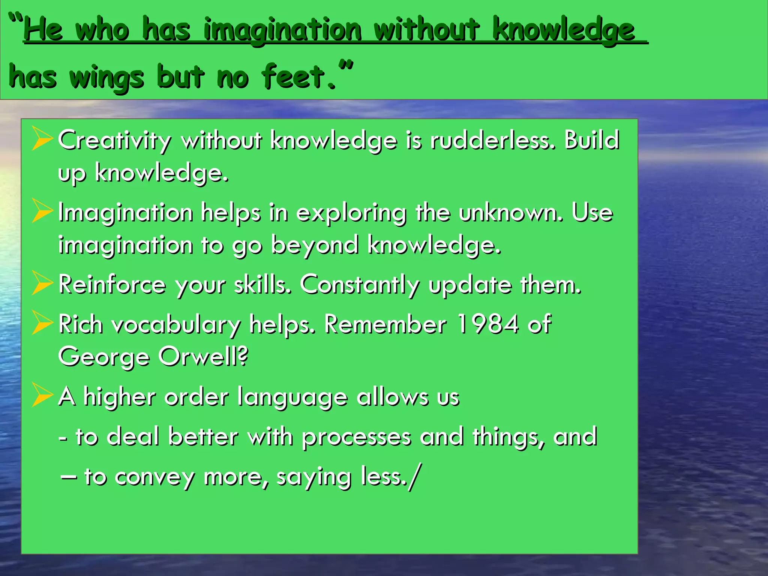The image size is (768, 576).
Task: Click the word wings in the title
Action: (106, 78)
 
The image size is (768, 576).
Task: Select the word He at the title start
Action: (43, 30)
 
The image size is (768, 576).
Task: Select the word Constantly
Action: (360, 285)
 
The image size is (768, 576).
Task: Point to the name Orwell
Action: (203, 356)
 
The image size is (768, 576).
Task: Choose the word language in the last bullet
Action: (292, 397)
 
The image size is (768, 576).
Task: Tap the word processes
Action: (356, 437)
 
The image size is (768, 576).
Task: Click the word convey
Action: (154, 477)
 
